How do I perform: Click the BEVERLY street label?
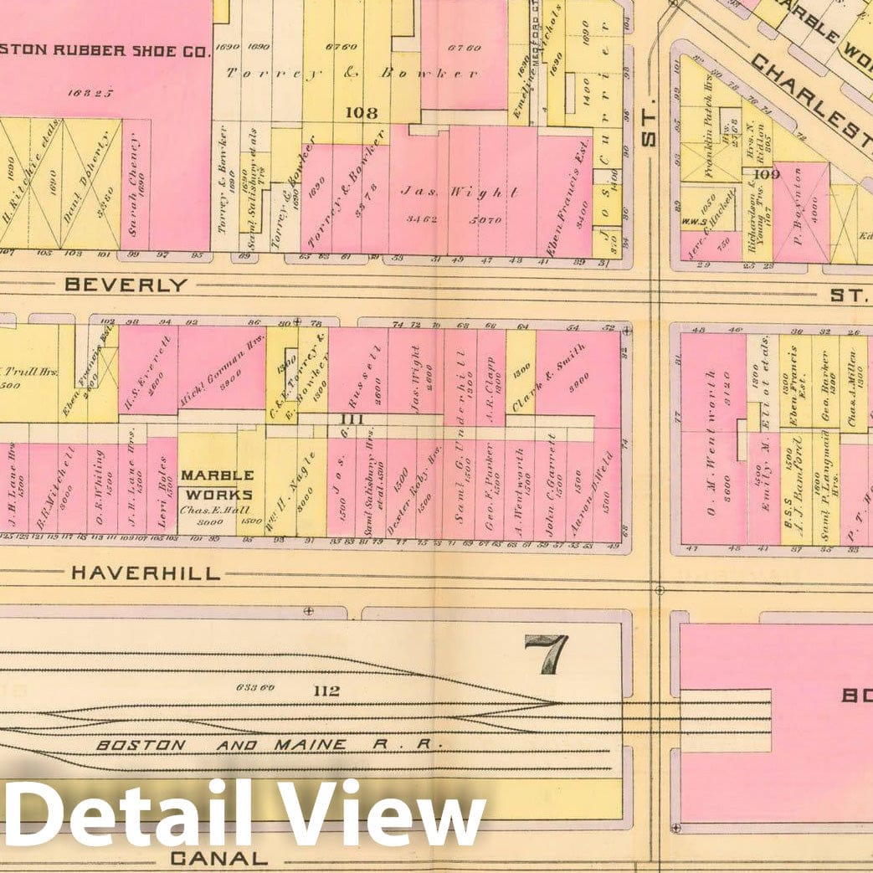126,285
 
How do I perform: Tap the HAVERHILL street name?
146,573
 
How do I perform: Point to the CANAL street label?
218,858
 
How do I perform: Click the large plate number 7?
547,653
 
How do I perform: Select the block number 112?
327,691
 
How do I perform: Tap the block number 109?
767,174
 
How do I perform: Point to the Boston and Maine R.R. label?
268,744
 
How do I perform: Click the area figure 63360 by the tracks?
256,689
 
